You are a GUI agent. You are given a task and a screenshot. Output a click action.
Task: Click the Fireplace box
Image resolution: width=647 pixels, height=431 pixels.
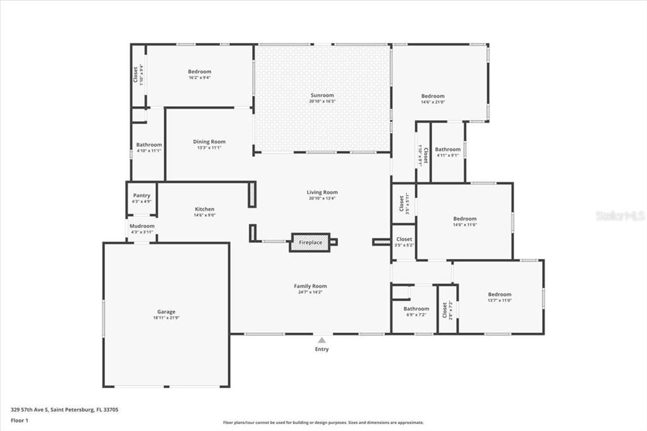tap(310, 243)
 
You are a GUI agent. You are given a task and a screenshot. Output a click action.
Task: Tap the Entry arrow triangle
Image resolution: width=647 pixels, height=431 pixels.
tap(322, 341)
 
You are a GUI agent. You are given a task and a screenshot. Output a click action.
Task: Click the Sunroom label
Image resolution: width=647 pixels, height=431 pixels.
tap(322, 95)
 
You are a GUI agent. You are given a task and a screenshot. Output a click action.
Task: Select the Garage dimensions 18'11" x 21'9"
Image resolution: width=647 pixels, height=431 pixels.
tap(166, 319)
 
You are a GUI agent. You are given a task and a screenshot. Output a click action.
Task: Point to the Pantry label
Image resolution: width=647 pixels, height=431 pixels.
tap(142, 196)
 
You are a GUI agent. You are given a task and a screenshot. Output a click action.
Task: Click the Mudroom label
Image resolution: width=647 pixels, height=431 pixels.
tap(142, 226)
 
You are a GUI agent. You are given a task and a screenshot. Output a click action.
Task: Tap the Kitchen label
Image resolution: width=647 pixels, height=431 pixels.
tap(204, 209)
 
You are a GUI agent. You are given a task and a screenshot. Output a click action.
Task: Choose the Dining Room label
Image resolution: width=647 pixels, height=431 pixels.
tap(209, 142)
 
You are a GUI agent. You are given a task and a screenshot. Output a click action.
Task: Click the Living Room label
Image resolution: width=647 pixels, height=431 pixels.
tap(322, 192)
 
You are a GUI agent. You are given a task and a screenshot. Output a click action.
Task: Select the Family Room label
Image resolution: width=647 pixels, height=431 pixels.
tap(310, 286)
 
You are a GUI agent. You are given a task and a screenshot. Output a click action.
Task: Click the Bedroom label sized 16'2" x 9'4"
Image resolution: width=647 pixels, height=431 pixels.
tap(199, 71)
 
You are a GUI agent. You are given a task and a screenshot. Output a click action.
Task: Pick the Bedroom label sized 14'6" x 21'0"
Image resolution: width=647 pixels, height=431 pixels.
tap(433, 96)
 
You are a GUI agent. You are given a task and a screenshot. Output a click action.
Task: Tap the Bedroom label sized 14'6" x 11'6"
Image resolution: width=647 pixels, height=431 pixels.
tap(464, 219)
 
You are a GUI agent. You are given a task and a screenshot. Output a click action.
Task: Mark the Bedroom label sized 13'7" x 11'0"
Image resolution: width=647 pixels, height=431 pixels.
tap(499, 294)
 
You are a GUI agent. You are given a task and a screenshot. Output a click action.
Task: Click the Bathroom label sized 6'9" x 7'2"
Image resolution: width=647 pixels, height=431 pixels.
tap(416, 308)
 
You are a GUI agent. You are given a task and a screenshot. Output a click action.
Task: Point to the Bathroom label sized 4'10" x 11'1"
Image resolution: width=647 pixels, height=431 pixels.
tap(149, 145)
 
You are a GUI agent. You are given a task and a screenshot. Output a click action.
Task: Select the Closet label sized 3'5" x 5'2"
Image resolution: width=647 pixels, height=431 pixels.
tap(404, 239)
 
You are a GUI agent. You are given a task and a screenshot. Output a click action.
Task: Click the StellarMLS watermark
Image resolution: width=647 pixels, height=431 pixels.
tap(619, 215)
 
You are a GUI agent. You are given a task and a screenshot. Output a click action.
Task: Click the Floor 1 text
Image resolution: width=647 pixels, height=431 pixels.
tap(20, 420)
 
